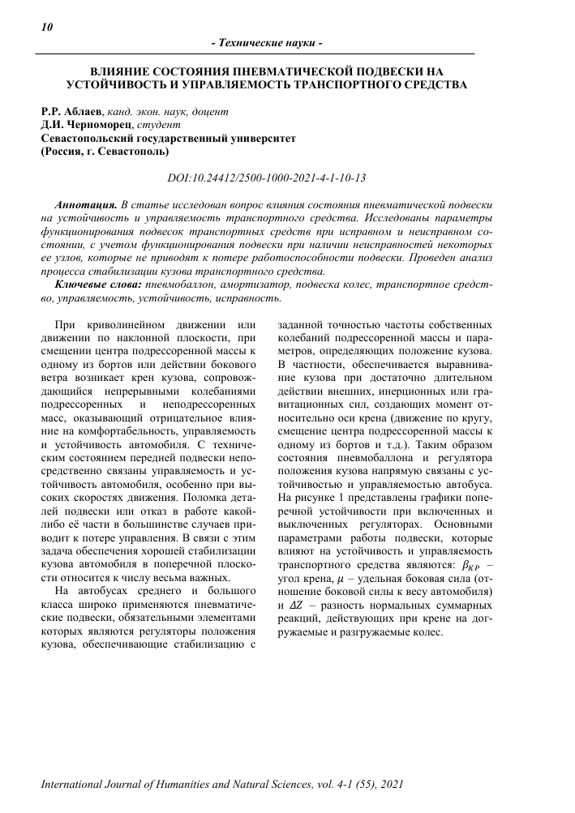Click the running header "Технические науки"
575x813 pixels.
point(267,42)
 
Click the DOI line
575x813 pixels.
point(266,177)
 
